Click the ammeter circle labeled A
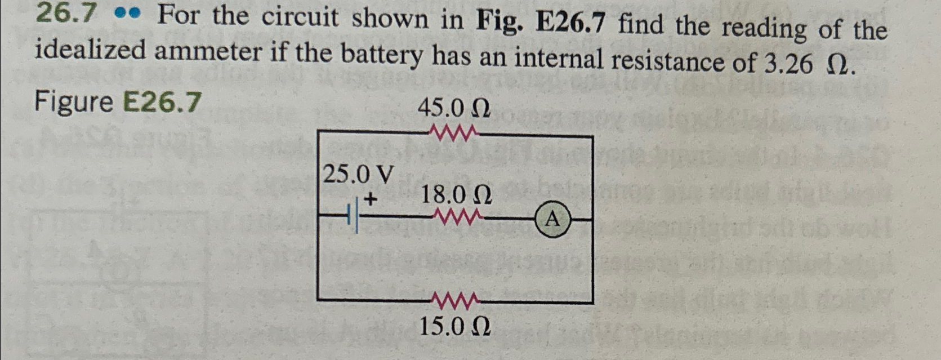(554, 220)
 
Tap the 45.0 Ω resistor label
(454, 108)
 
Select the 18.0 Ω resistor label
(457, 195)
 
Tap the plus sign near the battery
(370, 198)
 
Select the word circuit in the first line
(301, 18)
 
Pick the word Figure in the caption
(74, 102)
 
